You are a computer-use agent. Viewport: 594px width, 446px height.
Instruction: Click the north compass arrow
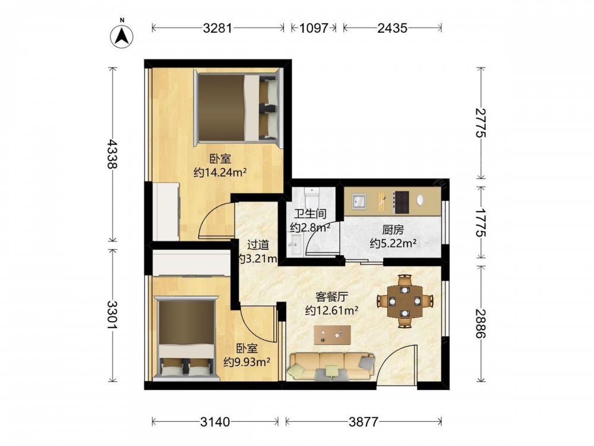122,36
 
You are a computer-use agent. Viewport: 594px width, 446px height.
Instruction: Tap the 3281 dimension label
217,28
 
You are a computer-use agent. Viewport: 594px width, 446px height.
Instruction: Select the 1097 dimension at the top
314,28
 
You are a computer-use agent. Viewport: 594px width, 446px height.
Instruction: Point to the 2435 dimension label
392,28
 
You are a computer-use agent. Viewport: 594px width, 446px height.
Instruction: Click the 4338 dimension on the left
112,153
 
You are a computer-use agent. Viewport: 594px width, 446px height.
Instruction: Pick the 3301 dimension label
112,315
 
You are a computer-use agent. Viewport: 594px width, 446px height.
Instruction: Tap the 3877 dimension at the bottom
364,422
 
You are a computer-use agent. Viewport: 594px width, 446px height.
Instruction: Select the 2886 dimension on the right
481,323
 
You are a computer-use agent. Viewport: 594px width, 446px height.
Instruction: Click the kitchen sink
358,201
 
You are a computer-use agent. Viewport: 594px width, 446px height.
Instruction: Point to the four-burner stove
402,202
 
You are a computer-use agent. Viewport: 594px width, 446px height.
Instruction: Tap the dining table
405,301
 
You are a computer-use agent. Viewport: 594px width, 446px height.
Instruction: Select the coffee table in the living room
332,335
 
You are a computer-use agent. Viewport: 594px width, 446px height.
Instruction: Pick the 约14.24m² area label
220,172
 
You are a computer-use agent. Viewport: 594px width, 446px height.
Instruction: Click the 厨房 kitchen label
393,230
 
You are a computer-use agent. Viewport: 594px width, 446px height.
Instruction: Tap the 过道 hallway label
258,245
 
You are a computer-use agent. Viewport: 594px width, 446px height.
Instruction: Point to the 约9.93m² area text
247,362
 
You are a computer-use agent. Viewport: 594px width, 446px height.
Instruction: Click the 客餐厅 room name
332,296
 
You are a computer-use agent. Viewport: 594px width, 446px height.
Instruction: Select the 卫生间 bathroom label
310,214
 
